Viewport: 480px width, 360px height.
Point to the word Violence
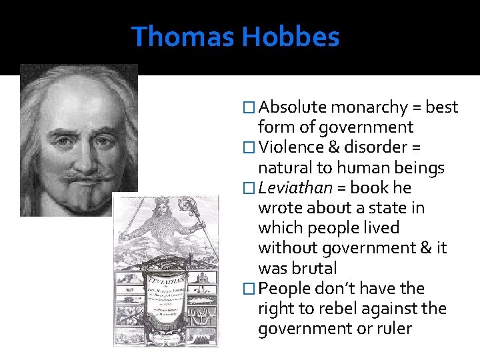tap(291, 147)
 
